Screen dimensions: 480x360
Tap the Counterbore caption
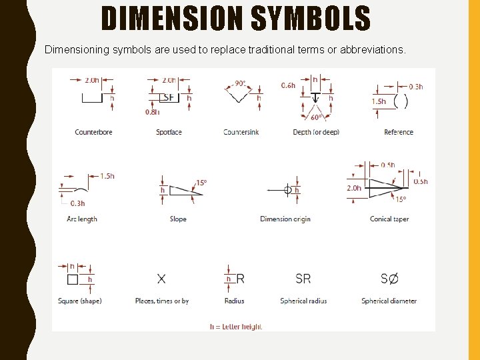pos(93,132)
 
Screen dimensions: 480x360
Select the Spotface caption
pos(169,132)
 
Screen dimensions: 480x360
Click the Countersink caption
pos(241,132)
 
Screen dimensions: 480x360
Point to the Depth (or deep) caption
pos(316,132)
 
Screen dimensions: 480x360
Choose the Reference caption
pos(399,132)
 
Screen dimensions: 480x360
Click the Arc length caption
pos(82,219)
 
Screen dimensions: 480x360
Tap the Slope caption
pos(178,219)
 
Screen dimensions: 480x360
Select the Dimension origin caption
pos(285,219)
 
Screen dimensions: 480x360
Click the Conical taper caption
pos(389,219)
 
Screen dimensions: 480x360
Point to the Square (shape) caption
pos(79,301)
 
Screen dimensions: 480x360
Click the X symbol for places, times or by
pos(161,279)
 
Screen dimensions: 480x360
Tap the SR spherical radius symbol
pos(303,279)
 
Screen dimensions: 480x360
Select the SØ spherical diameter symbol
pos(389,279)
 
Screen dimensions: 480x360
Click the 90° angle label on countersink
pos(240,84)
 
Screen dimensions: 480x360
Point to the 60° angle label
pos(317,117)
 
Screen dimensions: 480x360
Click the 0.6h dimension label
pos(288,85)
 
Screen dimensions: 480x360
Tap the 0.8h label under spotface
pos(152,112)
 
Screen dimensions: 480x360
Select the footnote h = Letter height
pos(236,327)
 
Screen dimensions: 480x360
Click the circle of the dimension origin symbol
pos(288,190)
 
